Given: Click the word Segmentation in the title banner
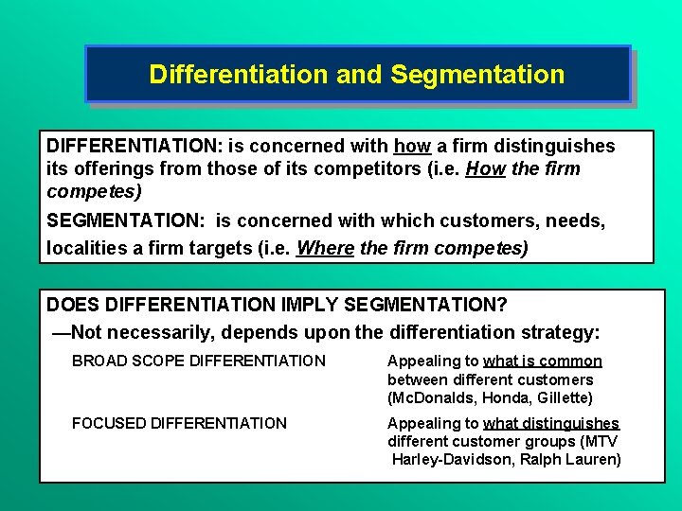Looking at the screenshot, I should click(x=477, y=74).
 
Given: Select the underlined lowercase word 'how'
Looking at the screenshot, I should click(x=412, y=146).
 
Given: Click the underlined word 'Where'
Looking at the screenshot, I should click(x=324, y=248).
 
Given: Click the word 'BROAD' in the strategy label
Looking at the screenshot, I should click(x=99, y=361).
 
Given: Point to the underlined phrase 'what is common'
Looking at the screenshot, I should click(x=543, y=361).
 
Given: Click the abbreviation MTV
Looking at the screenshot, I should click(x=602, y=442).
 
